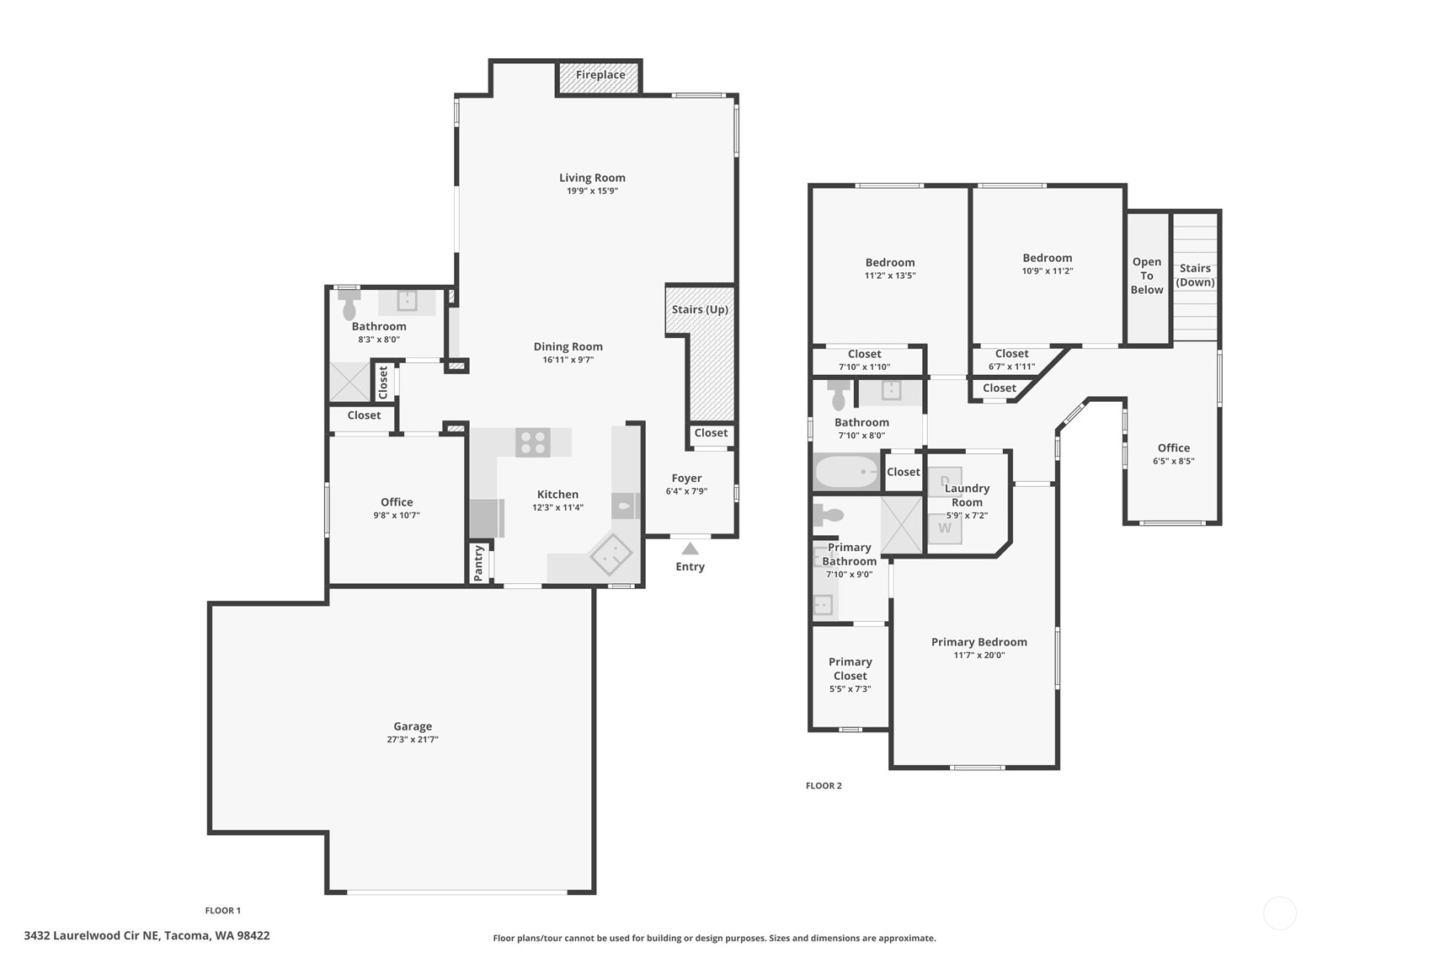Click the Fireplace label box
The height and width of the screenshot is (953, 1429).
[x=600, y=76]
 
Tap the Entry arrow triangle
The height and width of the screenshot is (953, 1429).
[x=690, y=549]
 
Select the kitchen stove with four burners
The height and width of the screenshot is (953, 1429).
[x=532, y=442]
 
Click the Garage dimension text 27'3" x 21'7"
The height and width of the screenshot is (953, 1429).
[x=413, y=740]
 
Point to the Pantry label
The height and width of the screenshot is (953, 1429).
[x=478, y=562]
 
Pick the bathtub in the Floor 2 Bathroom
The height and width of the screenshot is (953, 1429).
[x=846, y=472]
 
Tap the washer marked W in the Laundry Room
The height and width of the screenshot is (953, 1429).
[x=945, y=528]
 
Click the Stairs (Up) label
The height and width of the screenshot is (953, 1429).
[x=700, y=309]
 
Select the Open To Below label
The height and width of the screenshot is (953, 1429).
[x=1147, y=276]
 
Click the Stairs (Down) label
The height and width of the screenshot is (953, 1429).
[x=1195, y=276]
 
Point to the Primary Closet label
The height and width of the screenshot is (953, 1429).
[x=850, y=668]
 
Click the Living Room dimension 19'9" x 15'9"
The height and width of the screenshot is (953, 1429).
[x=592, y=191]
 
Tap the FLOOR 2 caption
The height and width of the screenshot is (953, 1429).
[x=824, y=785]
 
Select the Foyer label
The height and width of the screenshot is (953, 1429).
[x=686, y=478]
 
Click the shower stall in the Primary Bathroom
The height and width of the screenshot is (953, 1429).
[x=902, y=525]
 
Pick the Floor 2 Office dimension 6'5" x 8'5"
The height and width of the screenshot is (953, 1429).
[x=1173, y=461]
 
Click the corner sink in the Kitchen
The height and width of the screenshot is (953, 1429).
[x=611, y=554]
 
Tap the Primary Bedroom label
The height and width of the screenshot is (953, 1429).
[x=978, y=642]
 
